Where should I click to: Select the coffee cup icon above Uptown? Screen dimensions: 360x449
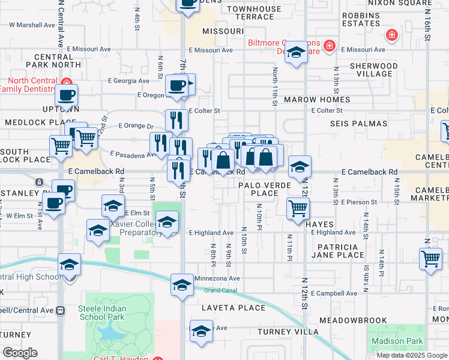pyautogui.click(x=66, y=95)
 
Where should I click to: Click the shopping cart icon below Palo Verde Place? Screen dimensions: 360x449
pyautogui.click(x=297, y=209)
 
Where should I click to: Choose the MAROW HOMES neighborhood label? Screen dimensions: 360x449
pyautogui.click(x=317, y=100)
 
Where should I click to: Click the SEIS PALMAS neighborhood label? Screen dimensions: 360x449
pyautogui.click(x=352, y=123)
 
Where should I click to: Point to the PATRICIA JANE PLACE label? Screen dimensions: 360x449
pyautogui.click(x=337, y=251)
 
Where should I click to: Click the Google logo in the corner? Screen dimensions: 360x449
pyautogui.click(x=20, y=353)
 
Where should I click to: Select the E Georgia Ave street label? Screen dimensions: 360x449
pyautogui.click(x=128, y=81)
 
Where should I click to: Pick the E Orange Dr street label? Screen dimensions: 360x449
pyautogui.click(x=136, y=126)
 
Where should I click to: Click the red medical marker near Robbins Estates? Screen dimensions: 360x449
pyautogui.click(x=391, y=35)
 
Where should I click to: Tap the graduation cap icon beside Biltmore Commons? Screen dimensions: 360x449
pyautogui.click(x=295, y=52)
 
